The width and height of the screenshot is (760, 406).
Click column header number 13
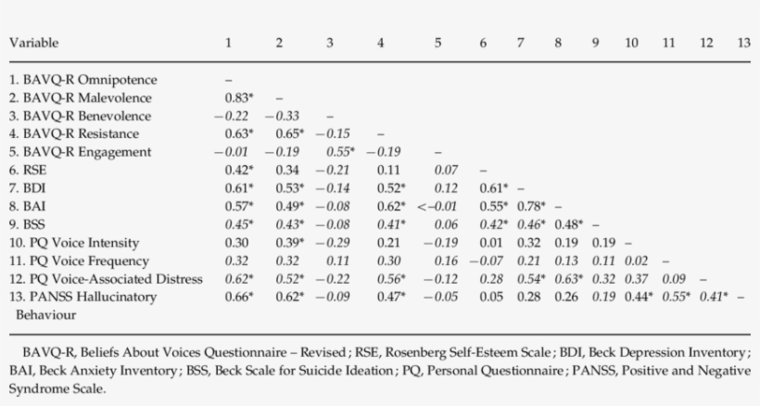coord(742,44)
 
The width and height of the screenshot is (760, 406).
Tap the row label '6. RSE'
coord(28,170)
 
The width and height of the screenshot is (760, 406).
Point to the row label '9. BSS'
coord(28,223)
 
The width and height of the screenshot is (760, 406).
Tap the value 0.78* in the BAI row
coord(532,206)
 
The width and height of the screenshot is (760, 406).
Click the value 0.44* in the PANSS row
coord(634,297)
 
